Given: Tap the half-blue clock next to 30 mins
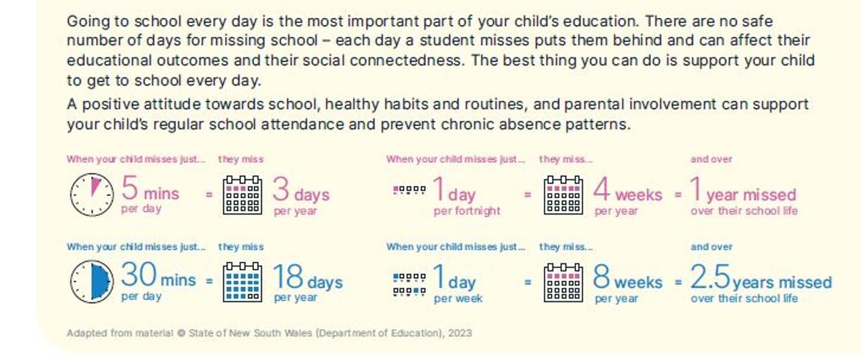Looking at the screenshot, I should click(91, 282).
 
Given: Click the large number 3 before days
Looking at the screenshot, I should click(282, 190).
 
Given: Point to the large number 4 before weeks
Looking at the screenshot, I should click(601, 190).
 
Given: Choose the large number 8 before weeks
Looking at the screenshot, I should click(601, 278).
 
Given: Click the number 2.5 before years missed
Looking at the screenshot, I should click(710, 278).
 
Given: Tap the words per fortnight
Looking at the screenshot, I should click(467, 212).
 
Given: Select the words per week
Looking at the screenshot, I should click(458, 298).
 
